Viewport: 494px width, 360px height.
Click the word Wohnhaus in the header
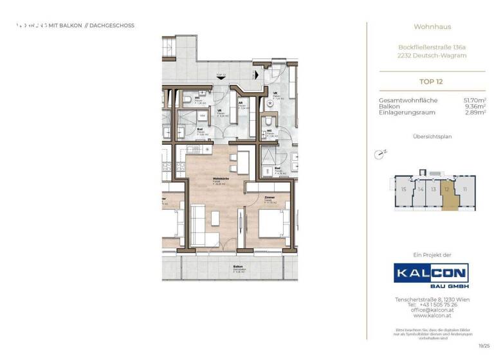[432, 27]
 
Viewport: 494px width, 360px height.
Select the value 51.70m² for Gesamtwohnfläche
[475, 100]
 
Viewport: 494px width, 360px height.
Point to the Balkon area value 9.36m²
[475, 106]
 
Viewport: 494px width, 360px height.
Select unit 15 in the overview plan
[403, 189]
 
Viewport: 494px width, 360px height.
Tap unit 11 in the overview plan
[464, 189]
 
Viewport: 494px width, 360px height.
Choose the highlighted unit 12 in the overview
[446, 190]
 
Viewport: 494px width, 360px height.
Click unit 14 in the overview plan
[420, 189]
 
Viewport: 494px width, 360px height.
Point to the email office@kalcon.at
[431, 309]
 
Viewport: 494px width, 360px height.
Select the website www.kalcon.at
[431, 315]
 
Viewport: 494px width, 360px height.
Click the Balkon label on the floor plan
[237, 265]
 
